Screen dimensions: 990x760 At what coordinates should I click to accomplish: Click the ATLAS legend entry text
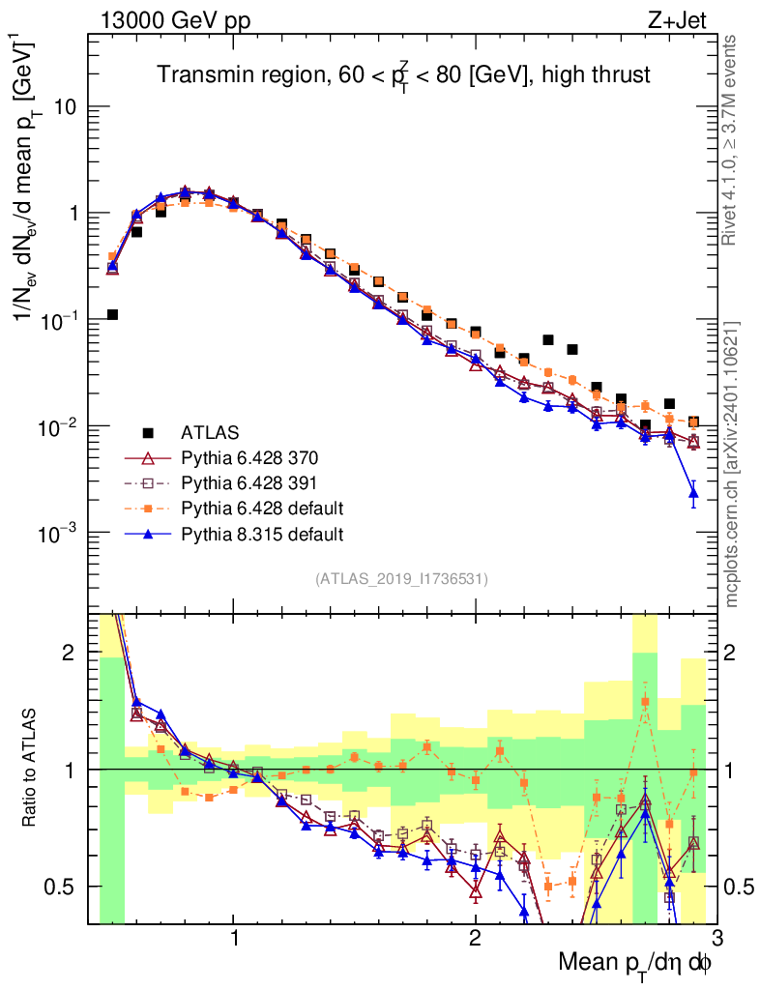[x=208, y=432]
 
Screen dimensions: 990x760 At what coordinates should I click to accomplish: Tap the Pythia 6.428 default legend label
[x=262, y=508]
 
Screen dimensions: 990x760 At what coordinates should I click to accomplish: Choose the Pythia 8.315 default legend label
[x=262, y=533]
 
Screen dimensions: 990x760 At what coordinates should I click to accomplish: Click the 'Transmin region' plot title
[x=403, y=73]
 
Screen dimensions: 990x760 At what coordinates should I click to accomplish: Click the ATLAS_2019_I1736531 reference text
[x=401, y=579]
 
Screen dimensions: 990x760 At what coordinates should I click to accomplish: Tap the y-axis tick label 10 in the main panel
[x=65, y=106]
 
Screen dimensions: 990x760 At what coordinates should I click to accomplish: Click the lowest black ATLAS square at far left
[x=112, y=314]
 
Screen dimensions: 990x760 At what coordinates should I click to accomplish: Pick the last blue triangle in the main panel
[x=692, y=494]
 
